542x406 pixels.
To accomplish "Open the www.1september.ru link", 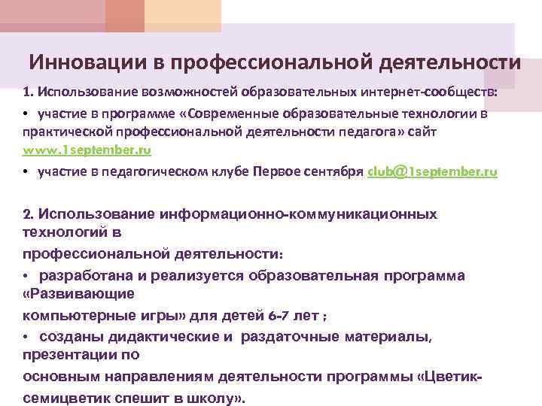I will pos(87,150).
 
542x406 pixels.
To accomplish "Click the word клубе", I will pos(212,171).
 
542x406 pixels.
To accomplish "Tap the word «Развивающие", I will pos(79,292).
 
